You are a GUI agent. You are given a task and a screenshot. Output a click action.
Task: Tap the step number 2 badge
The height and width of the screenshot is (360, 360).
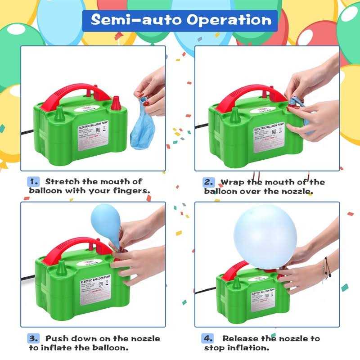click(x=209, y=182)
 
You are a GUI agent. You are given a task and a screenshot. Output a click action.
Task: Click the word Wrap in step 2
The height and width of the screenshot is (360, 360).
click(x=232, y=182)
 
